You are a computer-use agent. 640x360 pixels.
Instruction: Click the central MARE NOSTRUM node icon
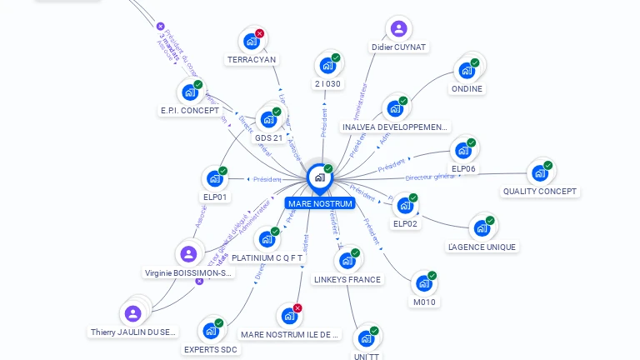pos(319,177)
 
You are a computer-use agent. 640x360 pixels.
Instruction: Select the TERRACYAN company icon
pos(252,40)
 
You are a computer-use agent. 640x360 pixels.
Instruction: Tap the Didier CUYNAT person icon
pos(399,29)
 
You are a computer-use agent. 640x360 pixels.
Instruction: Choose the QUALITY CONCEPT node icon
pos(539,172)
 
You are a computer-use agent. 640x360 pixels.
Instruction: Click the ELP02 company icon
pos(405,205)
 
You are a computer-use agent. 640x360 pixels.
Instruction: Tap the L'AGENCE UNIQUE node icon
pos(481,227)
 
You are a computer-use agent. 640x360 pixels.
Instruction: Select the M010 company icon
pos(424,283)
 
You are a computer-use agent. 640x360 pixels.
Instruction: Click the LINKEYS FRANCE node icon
pos(347,261)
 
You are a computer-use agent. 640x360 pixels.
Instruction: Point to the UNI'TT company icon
pos(366,338)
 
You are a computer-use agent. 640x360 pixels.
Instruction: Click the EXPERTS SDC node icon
pos(211,331)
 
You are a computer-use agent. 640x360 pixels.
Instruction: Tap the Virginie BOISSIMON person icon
pos(188,254)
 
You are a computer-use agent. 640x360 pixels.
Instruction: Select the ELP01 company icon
pos(215,178)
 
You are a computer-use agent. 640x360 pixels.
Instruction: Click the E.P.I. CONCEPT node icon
pos(190,92)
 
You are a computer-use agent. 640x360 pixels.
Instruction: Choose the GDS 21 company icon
pos(268,119)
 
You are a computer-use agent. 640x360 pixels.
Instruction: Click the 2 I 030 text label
pos(328,83)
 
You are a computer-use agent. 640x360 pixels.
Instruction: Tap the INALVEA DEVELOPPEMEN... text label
pos(396,127)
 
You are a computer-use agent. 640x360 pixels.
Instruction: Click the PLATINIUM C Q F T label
pos(267,258)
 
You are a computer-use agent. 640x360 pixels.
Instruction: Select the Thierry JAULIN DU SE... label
pos(133,332)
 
